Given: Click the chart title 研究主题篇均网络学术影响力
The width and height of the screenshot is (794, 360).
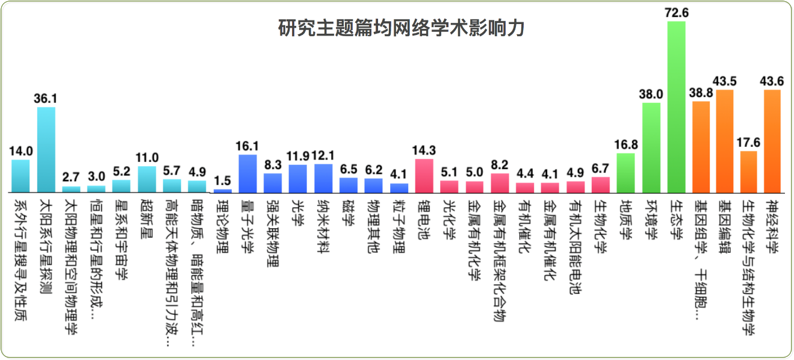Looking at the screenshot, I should [x=401, y=28].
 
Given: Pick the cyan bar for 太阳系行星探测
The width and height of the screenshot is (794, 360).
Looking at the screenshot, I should [x=46, y=149].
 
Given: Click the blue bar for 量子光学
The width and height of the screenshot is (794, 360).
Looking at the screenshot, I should [x=247, y=173].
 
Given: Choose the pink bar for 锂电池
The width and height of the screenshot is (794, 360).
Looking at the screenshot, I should [x=424, y=175].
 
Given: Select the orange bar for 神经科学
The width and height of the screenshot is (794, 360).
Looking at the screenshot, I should [x=772, y=141].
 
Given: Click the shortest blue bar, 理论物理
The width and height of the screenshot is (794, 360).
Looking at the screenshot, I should [x=223, y=190].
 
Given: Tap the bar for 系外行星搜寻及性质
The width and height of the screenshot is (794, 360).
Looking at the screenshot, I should [x=20, y=176].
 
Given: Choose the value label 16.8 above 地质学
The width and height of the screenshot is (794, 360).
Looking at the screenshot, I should [x=626, y=145].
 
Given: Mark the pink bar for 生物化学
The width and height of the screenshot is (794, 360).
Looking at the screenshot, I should [x=601, y=184].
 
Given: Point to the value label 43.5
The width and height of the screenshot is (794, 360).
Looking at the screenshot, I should [x=724, y=81].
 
